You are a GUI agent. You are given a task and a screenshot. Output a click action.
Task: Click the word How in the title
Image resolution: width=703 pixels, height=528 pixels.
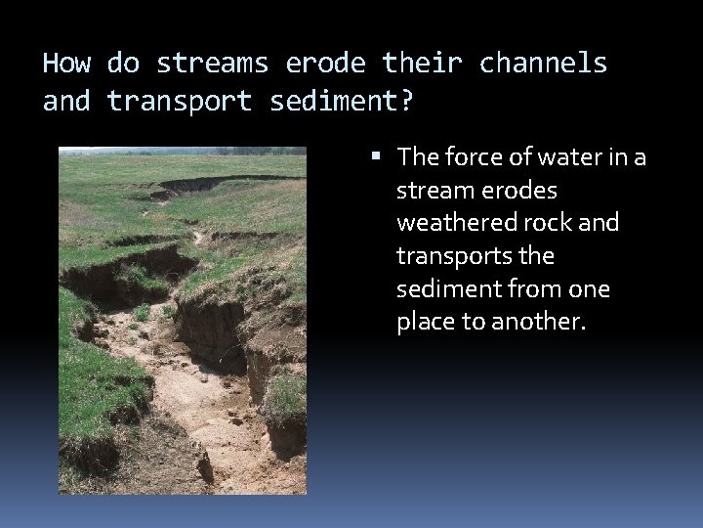pos(66,65)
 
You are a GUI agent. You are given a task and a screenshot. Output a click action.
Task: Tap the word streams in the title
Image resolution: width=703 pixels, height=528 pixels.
pos(212,65)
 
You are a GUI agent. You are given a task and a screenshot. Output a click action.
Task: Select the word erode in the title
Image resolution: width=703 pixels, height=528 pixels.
pos(325,65)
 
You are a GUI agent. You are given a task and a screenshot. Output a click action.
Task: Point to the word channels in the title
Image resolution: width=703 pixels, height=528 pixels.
pos(543,65)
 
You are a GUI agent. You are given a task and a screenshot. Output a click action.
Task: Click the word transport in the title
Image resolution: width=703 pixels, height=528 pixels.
pos(179,101)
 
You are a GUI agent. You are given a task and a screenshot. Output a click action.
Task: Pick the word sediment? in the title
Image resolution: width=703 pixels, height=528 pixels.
pos(342,101)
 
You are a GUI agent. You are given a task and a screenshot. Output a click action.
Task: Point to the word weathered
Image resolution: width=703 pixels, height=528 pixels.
pos(453,223)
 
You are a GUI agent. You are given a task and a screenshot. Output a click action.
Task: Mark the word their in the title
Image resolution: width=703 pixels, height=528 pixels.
pos(422,65)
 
